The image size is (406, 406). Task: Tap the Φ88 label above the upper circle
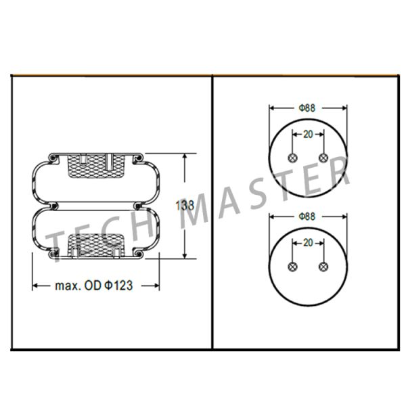308,108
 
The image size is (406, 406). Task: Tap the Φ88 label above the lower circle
308,217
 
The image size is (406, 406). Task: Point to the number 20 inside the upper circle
308,134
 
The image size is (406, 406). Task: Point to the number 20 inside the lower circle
308,242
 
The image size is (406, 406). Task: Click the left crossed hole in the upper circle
292,158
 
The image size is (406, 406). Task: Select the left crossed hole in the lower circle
292,266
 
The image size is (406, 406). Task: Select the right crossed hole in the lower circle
323,266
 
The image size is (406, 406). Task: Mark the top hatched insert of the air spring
95,164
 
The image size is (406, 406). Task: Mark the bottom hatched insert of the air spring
95,245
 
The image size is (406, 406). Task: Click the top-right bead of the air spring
137,159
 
